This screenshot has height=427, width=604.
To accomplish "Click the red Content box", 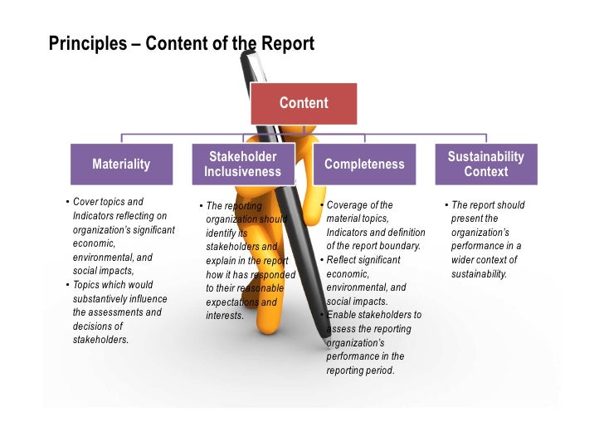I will click(304, 104).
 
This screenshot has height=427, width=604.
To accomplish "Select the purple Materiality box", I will click(121, 164).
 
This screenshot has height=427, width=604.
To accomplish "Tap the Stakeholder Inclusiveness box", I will click(242, 164).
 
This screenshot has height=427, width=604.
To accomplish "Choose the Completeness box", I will click(363, 164).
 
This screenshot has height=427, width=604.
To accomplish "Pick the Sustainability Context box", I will click(485, 164).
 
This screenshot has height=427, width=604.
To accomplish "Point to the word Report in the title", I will click(288, 43).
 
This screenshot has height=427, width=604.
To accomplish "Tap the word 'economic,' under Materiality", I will click(94, 243).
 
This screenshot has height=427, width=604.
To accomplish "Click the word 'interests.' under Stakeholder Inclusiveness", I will click(225, 316).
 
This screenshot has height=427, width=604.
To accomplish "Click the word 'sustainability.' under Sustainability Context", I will click(479, 273).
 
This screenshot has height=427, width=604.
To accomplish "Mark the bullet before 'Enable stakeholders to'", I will click(322, 316).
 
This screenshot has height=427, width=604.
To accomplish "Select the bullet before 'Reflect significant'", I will click(322, 260).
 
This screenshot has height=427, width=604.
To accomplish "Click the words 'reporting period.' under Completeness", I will click(360, 370).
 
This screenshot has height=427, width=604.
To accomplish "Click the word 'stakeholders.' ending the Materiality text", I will click(100, 340).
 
